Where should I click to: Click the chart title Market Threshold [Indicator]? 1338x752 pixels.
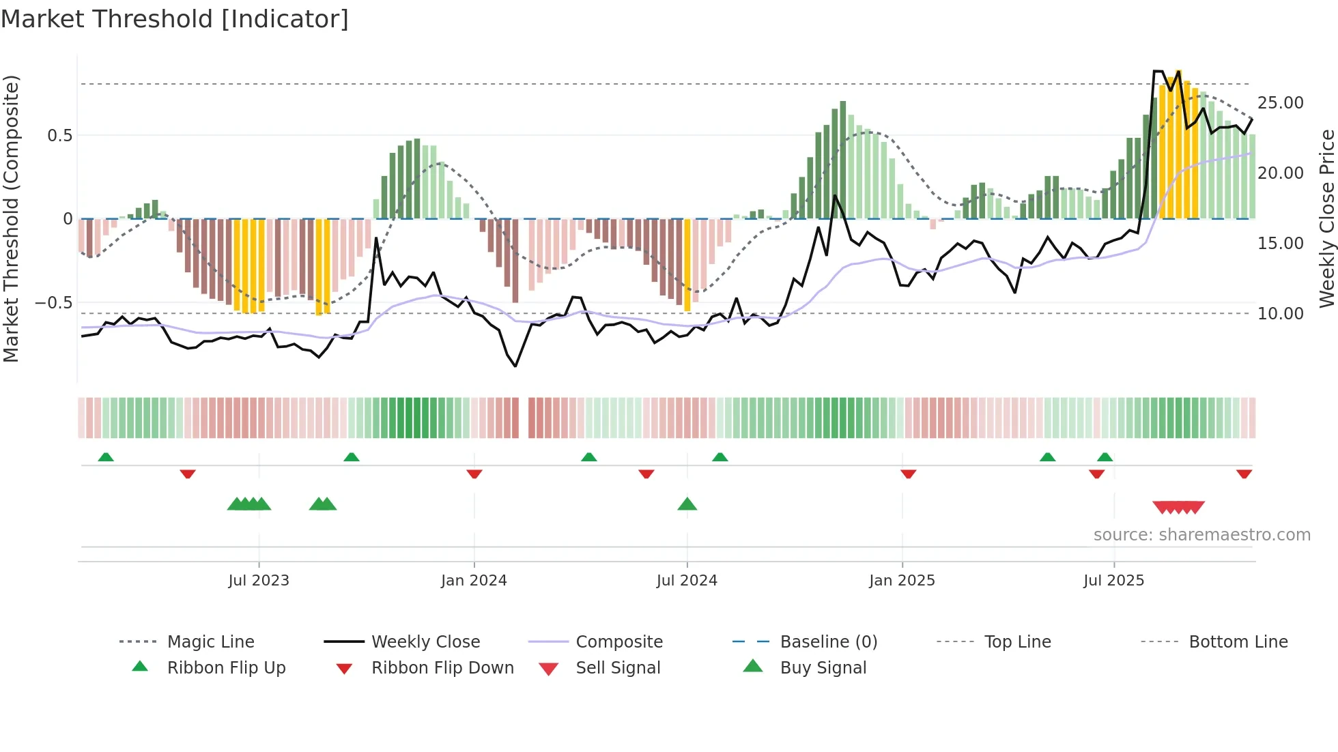click(175, 19)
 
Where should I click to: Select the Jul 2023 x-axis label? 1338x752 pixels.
click(259, 581)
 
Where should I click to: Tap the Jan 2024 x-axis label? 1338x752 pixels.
click(474, 581)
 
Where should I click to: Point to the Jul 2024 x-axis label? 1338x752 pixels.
click(687, 581)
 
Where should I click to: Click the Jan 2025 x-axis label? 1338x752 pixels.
click(902, 581)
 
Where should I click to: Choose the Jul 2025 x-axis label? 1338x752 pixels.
click(1113, 581)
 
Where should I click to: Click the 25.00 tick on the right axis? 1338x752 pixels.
click(1280, 103)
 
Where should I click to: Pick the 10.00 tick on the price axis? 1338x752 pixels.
click(1280, 314)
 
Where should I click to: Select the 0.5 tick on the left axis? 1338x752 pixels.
click(59, 136)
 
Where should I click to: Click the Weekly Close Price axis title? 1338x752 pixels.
click(1326, 218)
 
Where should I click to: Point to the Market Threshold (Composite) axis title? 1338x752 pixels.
click(11, 218)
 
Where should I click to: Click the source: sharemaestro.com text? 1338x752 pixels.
click(1201, 535)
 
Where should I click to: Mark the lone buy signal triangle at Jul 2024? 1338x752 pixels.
click(687, 504)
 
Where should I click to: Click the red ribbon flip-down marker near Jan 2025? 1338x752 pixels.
click(908, 474)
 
